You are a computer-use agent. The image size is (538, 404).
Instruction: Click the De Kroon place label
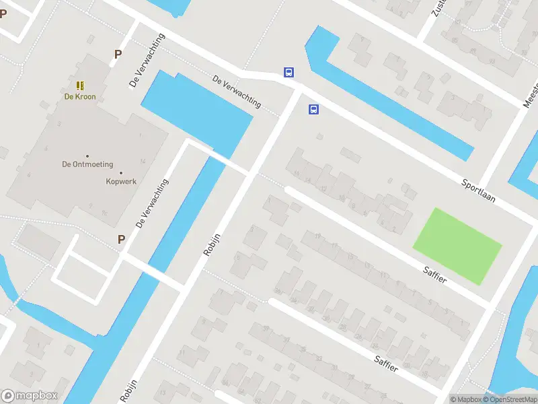[80, 96]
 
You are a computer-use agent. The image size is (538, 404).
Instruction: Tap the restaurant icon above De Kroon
[80, 86]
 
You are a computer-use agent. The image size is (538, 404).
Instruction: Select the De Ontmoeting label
[87, 164]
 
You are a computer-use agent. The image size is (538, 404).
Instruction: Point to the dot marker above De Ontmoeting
[87, 156]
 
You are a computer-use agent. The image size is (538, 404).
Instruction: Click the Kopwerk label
[120, 181]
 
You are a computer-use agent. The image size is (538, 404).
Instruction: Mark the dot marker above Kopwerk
[120, 172]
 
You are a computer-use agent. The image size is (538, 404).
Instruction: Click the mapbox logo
[30, 396]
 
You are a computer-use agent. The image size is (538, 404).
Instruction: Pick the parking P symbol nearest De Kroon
[118, 55]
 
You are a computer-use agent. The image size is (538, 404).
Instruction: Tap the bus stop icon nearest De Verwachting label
[289, 73]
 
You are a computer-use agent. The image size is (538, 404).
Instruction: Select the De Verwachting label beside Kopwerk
[152, 203]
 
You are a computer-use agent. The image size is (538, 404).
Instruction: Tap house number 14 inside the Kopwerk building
[143, 161]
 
